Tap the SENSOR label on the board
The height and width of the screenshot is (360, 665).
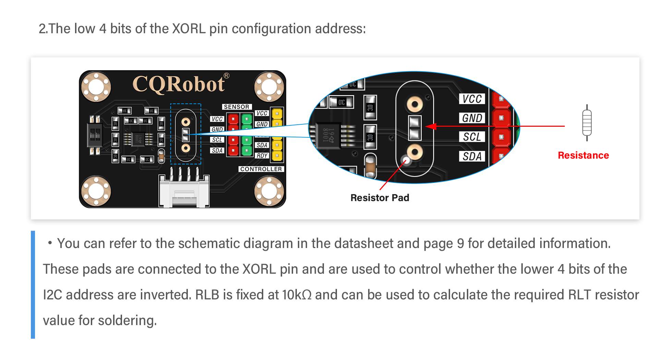(237, 107)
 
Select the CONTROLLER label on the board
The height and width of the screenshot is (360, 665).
(261, 169)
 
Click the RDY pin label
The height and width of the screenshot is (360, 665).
(262, 156)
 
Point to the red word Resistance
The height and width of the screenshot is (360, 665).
(583, 156)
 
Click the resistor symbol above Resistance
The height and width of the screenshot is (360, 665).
(587, 123)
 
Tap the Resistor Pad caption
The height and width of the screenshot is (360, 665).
(379, 198)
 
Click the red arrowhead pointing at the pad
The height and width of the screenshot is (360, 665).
(431, 126)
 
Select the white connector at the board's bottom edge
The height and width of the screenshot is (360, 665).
(184, 192)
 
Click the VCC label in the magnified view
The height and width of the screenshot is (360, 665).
(472, 99)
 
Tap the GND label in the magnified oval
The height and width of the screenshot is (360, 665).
(472, 118)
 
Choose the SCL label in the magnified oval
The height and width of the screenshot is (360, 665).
(472, 137)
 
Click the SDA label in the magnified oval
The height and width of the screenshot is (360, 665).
(472, 157)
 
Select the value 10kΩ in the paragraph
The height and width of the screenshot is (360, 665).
(297, 295)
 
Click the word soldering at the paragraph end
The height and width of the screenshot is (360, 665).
(127, 321)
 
